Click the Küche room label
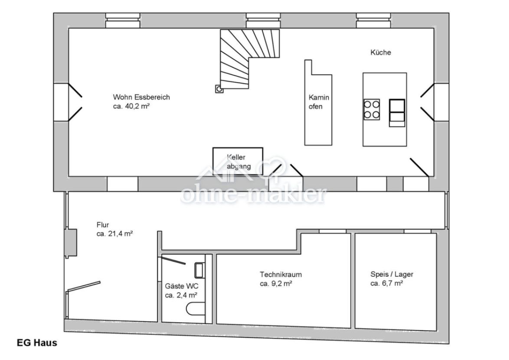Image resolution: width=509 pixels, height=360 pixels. [x=381, y=52]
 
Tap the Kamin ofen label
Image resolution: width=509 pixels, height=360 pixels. [x=318, y=102]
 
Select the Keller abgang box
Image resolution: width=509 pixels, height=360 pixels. [x=238, y=162]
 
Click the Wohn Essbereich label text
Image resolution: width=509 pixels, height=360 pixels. [x=141, y=97]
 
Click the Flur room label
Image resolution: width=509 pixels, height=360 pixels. [x=103, y=225]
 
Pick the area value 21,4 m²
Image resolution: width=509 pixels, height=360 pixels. [x=121, y=234]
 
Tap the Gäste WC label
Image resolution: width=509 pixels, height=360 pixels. [x=182, y=286]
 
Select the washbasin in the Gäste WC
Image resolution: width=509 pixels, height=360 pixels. [x=199, y=270]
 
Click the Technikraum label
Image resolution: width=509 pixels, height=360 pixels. [x=281, y=275]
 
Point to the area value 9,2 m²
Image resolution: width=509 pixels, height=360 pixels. [x=281, y=284]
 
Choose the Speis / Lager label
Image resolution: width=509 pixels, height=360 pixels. [x=392, y=274]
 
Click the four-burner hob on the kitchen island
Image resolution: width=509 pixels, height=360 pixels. [x=372, y=109]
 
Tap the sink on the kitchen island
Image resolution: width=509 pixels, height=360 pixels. [x=397, y=113]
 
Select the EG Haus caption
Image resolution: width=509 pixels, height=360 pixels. [x=37, y=343]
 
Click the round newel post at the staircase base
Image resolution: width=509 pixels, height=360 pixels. [x=219, y=88]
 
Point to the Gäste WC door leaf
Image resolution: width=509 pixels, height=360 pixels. [x=172, y=261]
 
